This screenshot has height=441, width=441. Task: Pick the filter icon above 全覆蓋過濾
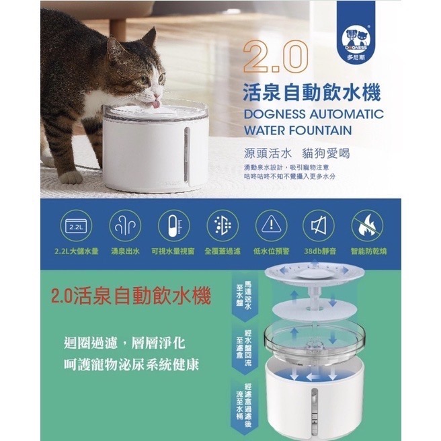pos(221,227)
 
